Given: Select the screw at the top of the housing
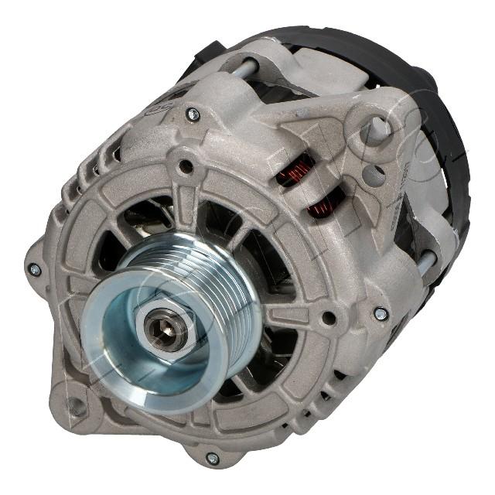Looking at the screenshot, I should (x=193, y=115).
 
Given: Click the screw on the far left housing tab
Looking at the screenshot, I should (x=34, y=269).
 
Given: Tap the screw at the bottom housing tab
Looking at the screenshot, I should (x=213, y=458).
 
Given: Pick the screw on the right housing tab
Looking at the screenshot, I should (x=381, y=314).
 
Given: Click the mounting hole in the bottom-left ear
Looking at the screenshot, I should (x=76, y=405).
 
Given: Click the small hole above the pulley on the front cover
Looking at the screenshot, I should (x=184, y=165).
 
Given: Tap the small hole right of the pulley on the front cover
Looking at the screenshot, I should (x=329, y=318).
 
